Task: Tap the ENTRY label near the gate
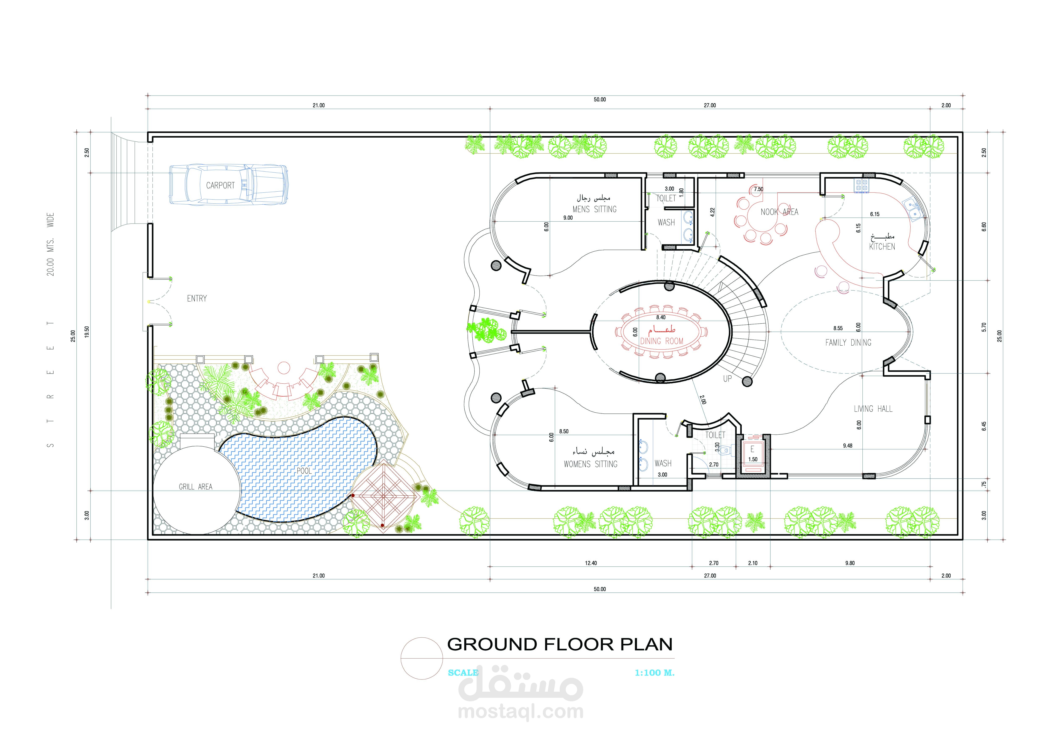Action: click(x=197, y=298)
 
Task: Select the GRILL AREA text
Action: click(x=196, y=487)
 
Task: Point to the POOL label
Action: click(x=304, y=471)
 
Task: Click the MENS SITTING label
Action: click(x=595, y=209)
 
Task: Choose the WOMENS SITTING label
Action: click(x=590, y=464)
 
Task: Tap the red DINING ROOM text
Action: click(x=662, y=341)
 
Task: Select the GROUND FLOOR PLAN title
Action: click(x=560, y=644)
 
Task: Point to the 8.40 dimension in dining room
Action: click(x=661, y=317)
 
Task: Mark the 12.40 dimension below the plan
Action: click(x=591, y=563)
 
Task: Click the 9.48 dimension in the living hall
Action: click(x=847, y=446)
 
